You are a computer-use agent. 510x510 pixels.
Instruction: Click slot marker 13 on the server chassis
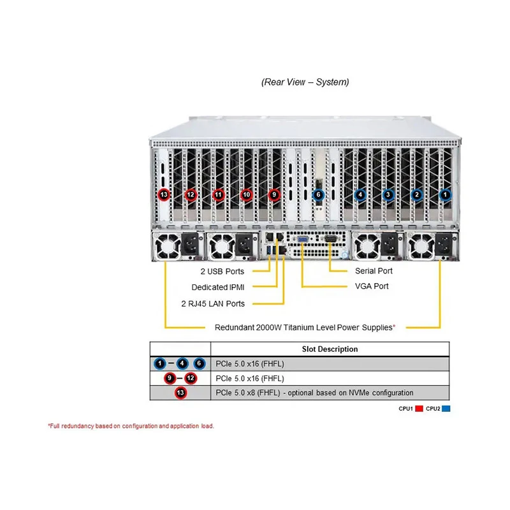(x=164, y=194)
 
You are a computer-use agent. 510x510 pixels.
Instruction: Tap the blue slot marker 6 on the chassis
(x=318, y=194)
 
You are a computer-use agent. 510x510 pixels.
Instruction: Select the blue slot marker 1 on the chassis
(x=445, y=195)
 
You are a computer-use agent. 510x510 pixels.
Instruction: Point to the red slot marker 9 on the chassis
(x=274, y=194)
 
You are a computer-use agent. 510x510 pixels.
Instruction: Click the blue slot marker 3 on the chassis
(x=388, y=195)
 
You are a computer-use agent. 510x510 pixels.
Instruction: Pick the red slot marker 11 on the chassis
(x=218, y=194)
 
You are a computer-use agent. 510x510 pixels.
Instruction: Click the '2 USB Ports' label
(x=222, y=272)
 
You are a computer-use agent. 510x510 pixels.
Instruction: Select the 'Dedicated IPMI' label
(x=218, y=288)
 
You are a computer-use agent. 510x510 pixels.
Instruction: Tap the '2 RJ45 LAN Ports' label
(x=213, y=303)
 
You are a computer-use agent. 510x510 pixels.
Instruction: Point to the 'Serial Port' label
(x=374, y=270)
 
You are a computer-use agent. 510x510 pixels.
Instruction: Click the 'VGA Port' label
(x=372, y=286)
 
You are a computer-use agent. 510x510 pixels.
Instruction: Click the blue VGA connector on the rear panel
(x=302, y=240)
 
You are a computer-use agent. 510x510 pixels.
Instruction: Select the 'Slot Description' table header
(x=330, y=349)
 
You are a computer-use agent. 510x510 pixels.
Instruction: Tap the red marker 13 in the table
(x=180, y=393)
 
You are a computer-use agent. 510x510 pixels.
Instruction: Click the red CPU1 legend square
(x=419, y=409)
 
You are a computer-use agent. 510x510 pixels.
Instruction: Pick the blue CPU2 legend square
(x=446, y=409)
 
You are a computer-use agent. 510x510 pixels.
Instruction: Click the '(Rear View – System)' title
(x=305, y=82)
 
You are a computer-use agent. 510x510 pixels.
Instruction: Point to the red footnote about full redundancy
(x=131, y=426)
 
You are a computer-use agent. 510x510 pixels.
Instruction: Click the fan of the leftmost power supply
(x=167, y=246)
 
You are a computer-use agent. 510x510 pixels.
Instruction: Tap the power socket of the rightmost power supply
(x=444, y=245)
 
